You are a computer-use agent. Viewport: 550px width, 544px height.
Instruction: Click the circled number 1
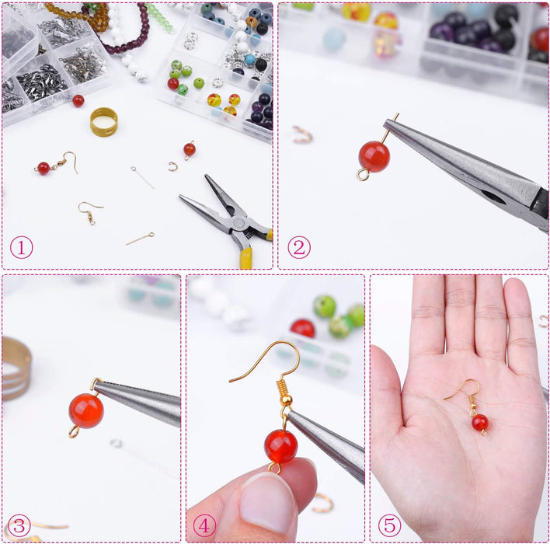click(x=22, y=248)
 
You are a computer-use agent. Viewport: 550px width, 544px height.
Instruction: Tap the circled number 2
click(x=299, y=248)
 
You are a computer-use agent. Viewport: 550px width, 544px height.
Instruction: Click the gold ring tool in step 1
click(x=103, y=121)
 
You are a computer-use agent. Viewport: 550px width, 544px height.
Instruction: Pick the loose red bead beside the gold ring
click(x=78, y=100)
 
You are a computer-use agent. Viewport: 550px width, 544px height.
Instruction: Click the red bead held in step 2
click(x=374, y=156)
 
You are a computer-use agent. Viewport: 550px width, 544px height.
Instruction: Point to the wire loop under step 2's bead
click(x=363, y=175)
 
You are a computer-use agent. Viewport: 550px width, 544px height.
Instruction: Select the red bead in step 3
click(x=85, y=410)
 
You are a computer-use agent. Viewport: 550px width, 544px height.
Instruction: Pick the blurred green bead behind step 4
click(x=325, y=305)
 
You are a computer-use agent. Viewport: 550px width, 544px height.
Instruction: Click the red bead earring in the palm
click(x=479, y=423)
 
